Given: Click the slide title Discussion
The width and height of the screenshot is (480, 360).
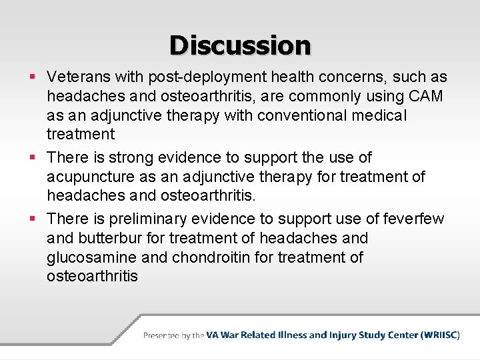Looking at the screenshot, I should pyautogui.click(x=240, y=45).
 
